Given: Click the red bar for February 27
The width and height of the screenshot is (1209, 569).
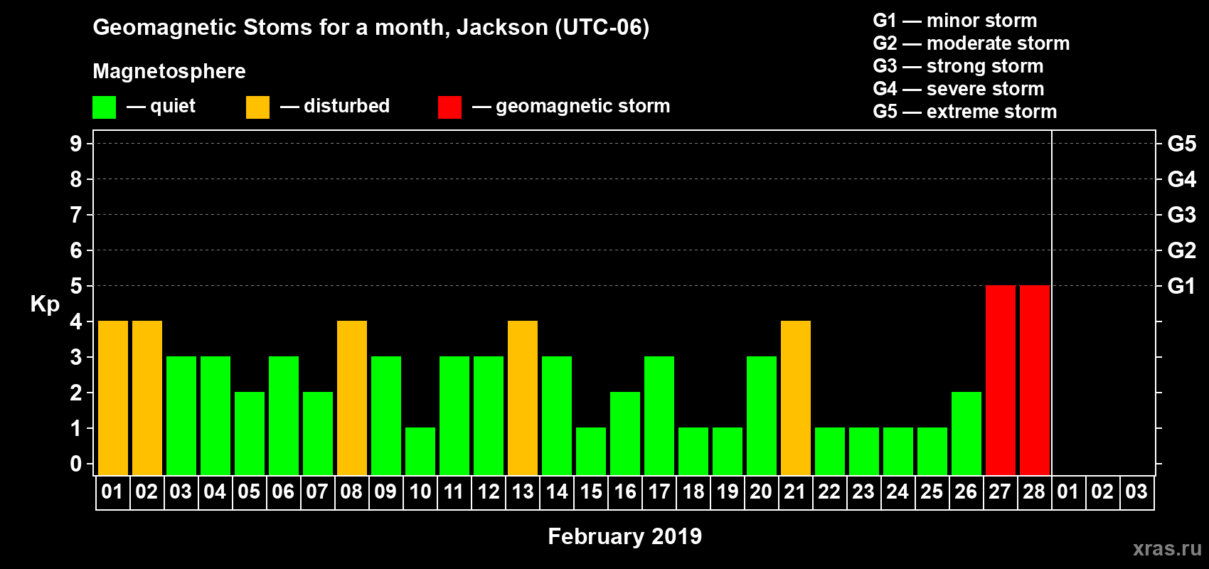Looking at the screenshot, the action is pos(1001,380).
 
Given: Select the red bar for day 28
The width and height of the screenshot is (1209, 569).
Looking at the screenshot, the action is pos(1035,380).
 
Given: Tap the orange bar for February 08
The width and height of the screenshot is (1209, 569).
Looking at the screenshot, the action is pos(352,398).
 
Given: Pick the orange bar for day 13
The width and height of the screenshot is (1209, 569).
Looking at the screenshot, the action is pos(523,398).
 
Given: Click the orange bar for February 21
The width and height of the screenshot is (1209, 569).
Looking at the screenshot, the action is pos(796,398).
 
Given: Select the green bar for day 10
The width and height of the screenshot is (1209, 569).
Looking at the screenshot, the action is pos(420,452).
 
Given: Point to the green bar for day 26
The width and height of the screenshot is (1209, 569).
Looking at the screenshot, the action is pos(966,433).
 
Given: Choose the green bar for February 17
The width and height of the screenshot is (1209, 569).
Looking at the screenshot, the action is pos(659,415).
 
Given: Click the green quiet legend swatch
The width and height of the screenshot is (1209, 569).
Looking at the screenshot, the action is pos(104,107).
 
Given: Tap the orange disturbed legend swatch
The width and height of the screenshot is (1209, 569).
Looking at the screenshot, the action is pos(257,107).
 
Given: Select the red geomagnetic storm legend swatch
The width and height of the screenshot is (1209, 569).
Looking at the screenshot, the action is pos(449,107).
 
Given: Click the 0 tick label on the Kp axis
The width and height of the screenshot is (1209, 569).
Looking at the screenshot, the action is pos(75,464).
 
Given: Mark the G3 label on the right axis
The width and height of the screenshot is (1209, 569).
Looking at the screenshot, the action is pos(1181,215).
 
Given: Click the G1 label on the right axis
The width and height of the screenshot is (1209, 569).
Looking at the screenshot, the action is pos(1181,286).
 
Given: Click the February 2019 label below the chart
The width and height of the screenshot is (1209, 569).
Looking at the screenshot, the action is pos(625,536).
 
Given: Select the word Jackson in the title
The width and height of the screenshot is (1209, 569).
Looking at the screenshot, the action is pos(503,27).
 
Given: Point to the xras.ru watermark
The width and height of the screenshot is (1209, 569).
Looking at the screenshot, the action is pos(1167,548).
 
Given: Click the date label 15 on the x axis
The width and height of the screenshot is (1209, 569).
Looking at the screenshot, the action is pos(591,491).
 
